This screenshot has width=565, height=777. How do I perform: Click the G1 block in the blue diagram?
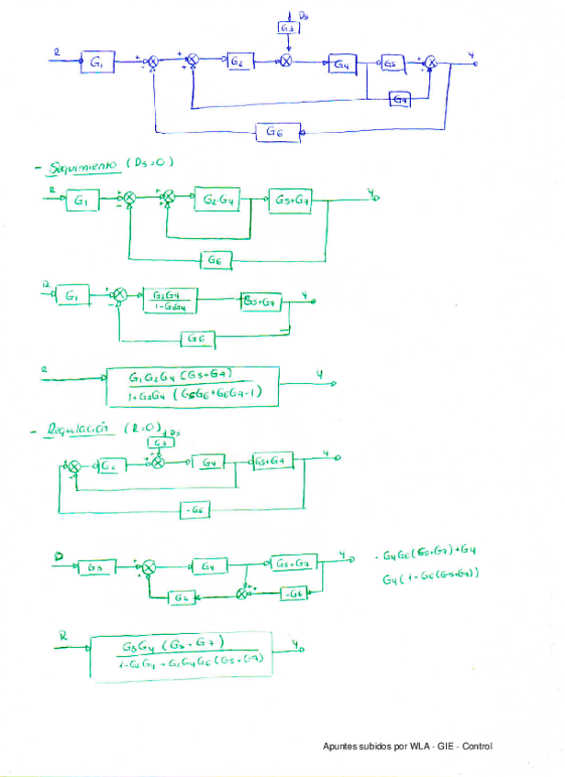97,61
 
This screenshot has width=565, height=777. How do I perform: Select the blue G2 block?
238,60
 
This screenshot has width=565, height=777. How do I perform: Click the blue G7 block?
401,98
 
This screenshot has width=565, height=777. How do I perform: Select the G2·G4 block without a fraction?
217,201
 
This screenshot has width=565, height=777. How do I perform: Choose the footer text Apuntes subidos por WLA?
407,747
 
